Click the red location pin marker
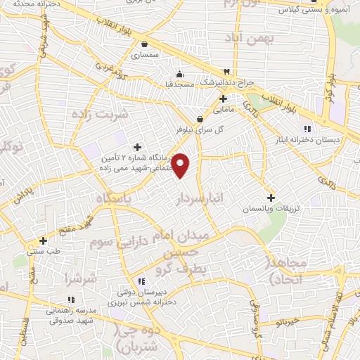pyautogui.click(x=181, y=165)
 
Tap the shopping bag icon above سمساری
pyautogui.click(x=145, y=43)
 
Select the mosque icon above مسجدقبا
pyautogui.click(x=180, y=74)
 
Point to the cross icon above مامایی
pyautogui.click(x=223, y=99)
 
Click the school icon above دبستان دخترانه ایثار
pyautogui.click(x=307, y=128)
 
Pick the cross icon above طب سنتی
pyautogui.click(x=44, y=240)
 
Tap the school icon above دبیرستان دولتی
pyautogui.click(x=143, y=281)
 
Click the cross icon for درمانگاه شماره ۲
pyautogui.click(x=137, y=147)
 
